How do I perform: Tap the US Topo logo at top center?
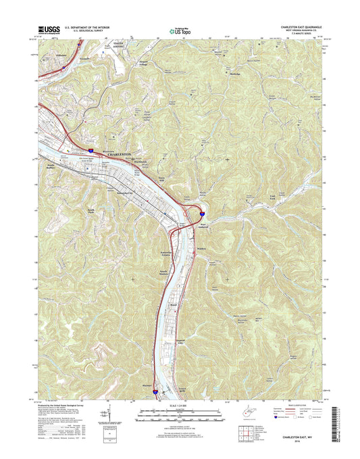[180, 30]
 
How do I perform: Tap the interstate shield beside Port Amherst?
[202, 216]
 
